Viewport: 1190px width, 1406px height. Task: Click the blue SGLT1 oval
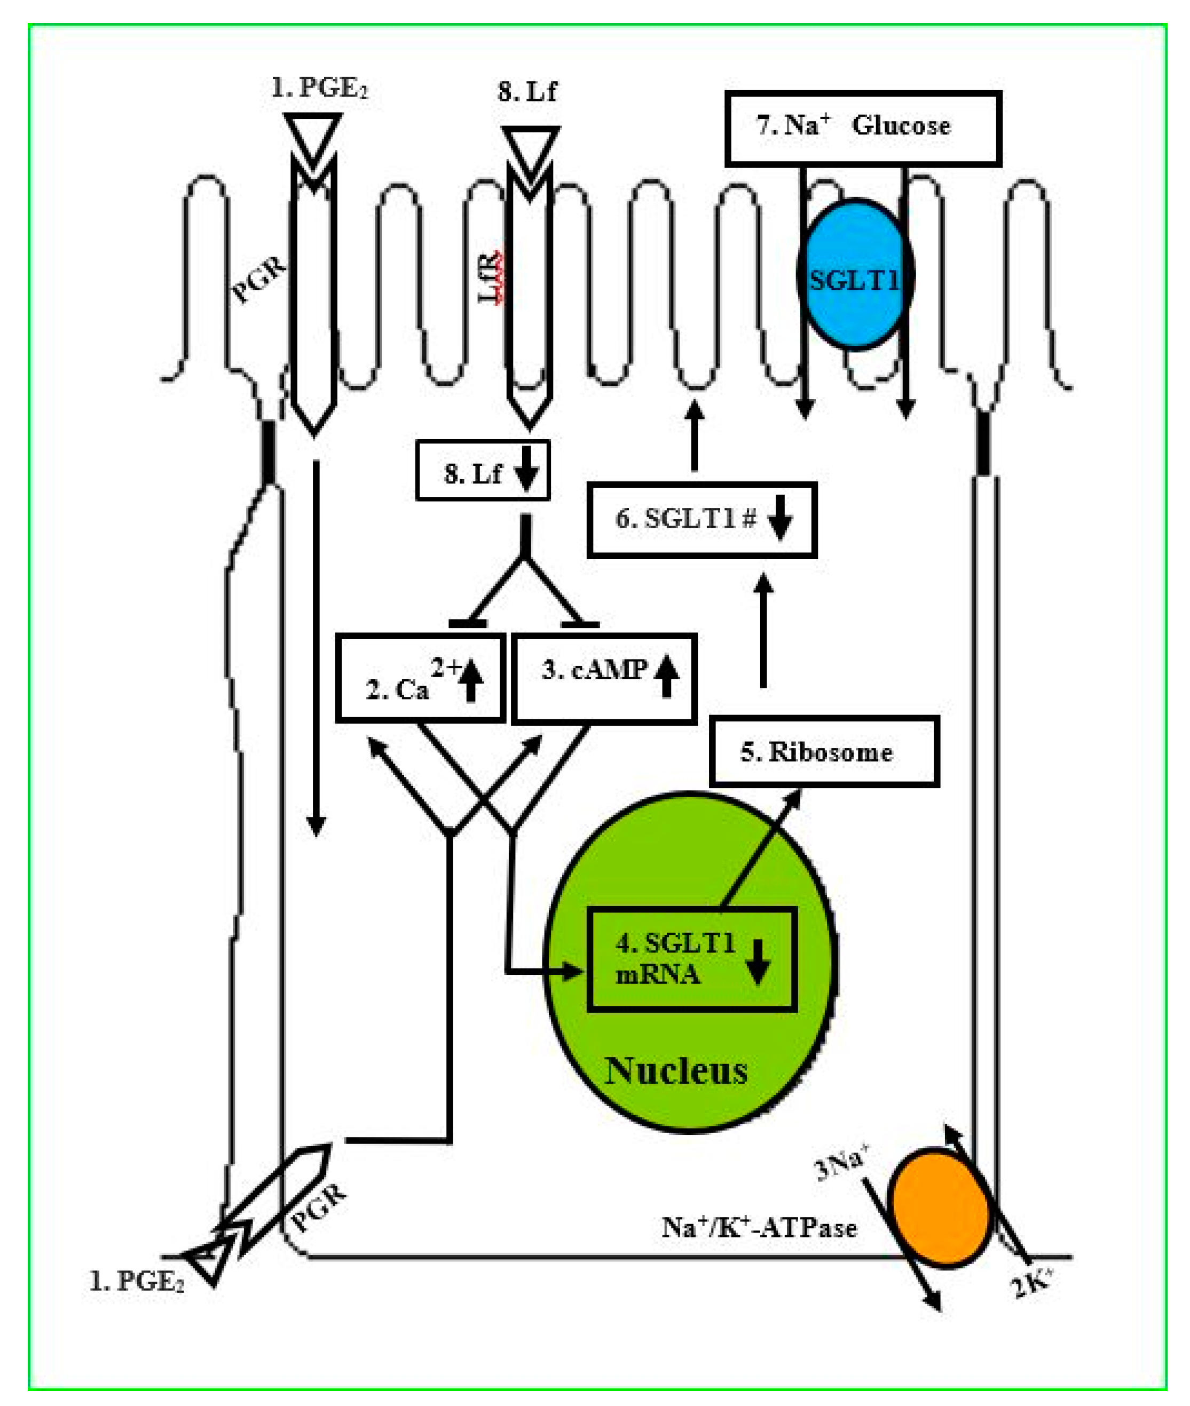[x=855, y=274]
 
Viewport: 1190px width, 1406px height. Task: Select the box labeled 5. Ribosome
[x=824, y=751]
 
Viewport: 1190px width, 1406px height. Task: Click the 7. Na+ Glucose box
[x=862, y=128]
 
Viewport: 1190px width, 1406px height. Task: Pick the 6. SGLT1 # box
[x=702, y=520]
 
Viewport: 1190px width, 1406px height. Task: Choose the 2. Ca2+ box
[x=420, y=678]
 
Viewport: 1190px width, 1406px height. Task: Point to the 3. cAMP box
[x=604, y=678]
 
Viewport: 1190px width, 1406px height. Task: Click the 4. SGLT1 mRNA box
[x=691, y=959]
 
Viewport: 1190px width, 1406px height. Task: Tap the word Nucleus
[x=676, y=1071]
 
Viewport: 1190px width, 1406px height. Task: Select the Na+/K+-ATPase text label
[x=759, y=1227]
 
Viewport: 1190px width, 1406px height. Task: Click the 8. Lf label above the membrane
[x=527, y=92]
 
